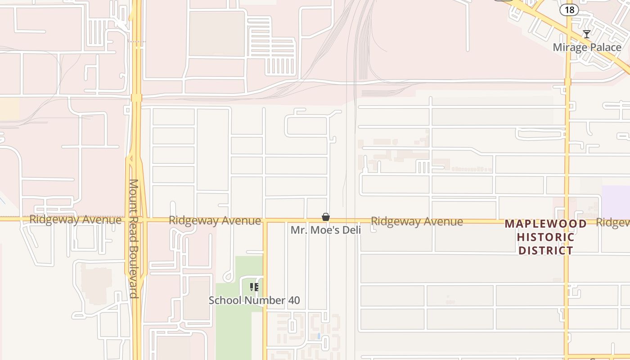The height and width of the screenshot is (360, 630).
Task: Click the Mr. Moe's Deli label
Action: click(x=325, y=230)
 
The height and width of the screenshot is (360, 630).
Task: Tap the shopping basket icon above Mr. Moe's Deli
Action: click(x=326, y=217)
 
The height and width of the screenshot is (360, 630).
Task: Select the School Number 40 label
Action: click(x=254, y=300)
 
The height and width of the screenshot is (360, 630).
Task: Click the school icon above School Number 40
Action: click(x=254, y=287)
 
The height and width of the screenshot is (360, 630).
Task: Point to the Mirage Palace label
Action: click(x=587, y=47)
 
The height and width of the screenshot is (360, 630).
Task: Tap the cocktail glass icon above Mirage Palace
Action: click(x=587, y=34)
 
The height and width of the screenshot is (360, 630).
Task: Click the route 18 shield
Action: click(x=569, y=10)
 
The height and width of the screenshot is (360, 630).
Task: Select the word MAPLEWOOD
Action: click(x=545, y=224)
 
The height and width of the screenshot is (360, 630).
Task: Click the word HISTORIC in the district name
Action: click(x=545, y=237)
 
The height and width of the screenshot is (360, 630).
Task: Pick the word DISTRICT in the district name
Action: click(x=545, y=251)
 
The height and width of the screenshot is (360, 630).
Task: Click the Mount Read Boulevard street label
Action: click(x=134, y=238)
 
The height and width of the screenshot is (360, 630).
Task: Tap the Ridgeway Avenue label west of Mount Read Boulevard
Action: click(x=75, y=220)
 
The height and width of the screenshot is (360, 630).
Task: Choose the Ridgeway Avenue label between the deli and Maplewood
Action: click(x=417, y=221)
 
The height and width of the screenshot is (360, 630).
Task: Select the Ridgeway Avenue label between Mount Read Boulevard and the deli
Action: click(x=215, y=220)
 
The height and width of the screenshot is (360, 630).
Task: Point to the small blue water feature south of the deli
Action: click(x=319, y=336)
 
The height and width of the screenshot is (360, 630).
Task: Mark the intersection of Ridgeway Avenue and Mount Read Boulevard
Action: click(x=136, y=220)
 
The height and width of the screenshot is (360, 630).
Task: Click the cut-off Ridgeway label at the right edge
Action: click(x=612, y=222)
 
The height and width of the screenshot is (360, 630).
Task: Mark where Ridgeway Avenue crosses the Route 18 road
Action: click(x=567, y=222)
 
